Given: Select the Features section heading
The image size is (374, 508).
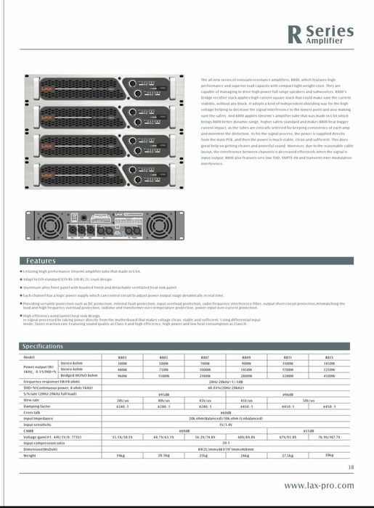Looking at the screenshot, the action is [x=41, y=261].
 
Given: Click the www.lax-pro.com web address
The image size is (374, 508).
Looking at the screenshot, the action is [x=319, y=486].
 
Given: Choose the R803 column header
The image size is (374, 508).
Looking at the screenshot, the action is [x=122, y=358].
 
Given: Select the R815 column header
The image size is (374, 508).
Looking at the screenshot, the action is [x=329, y=358].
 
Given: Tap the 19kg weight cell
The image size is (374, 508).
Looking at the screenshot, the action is [x=121, y=455].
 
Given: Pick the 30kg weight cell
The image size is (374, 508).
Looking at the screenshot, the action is [x=329, y=455].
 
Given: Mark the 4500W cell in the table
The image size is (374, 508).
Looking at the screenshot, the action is [x=329, y=376].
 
